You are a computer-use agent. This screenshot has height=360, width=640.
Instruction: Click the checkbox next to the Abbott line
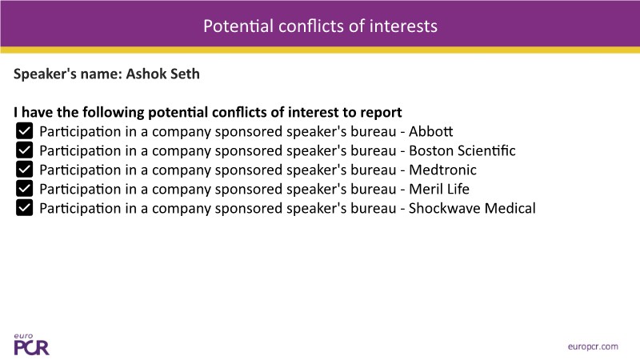click(25, 131)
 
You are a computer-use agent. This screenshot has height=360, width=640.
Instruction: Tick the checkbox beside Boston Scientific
click(25, 150)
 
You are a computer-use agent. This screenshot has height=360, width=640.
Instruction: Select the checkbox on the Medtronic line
click(25, 170)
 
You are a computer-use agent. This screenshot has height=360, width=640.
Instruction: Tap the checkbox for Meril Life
click(25, 189)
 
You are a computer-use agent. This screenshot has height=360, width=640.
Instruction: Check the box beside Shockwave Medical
click(25, 208)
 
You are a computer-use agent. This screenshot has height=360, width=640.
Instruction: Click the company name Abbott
click(431, 131)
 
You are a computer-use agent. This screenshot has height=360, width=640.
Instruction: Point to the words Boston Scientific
click(462, 150)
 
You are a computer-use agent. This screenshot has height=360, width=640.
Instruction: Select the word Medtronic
click(443, 170)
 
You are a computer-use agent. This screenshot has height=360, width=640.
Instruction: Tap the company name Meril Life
click(439, 189)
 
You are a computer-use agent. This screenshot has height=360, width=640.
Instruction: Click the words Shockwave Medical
click(472, 208)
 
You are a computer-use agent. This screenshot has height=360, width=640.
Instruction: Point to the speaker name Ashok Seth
click(163, 74)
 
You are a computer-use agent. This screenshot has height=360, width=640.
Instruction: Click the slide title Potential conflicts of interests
click(321, 26)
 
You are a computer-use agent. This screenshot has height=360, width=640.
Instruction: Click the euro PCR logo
click(31, 345)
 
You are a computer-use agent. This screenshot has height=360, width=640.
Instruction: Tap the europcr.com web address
click(593, 346)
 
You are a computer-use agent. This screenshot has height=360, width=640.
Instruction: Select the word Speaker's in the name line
click(45, 74)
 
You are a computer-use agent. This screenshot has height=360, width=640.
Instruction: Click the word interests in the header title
click(403, 26)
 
